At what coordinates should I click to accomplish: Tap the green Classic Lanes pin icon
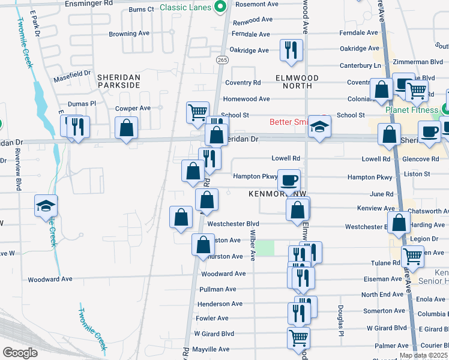pyautogui.click(x=220, y=8)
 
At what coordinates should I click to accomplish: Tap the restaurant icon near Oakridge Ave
pyautogui.click(x=292, y=50)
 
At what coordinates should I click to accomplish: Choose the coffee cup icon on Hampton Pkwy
pyautogui.click(x=289, y=179)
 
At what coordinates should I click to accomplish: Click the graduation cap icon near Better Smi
pyautogui.click(x=320, y=126)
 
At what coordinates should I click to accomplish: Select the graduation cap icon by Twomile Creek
pyautogui.click(x=46, y=205)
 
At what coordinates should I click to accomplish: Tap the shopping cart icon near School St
pyautogui.click(x=197, y=112)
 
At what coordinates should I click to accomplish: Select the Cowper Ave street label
pyautogui.click(x=133, y=109)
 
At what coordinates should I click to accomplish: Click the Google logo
pyautogui.click(x=20, y=353)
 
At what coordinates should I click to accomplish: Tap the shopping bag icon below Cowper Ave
pyautogui.click(x=127, y=127)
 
